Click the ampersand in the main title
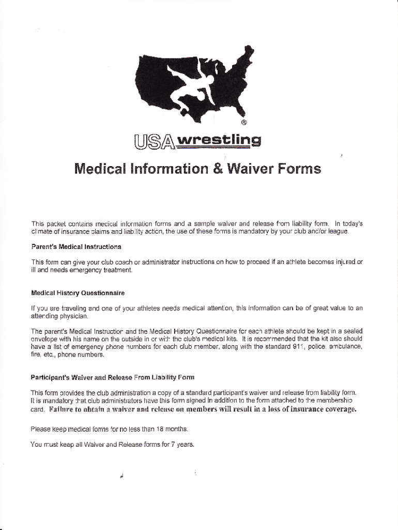click(x=219, y=169)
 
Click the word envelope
click(x=44, y=340)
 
